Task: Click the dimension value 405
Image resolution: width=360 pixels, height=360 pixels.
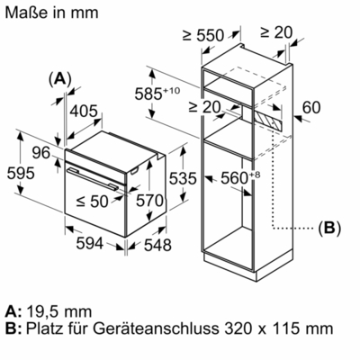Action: click(84, 111)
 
